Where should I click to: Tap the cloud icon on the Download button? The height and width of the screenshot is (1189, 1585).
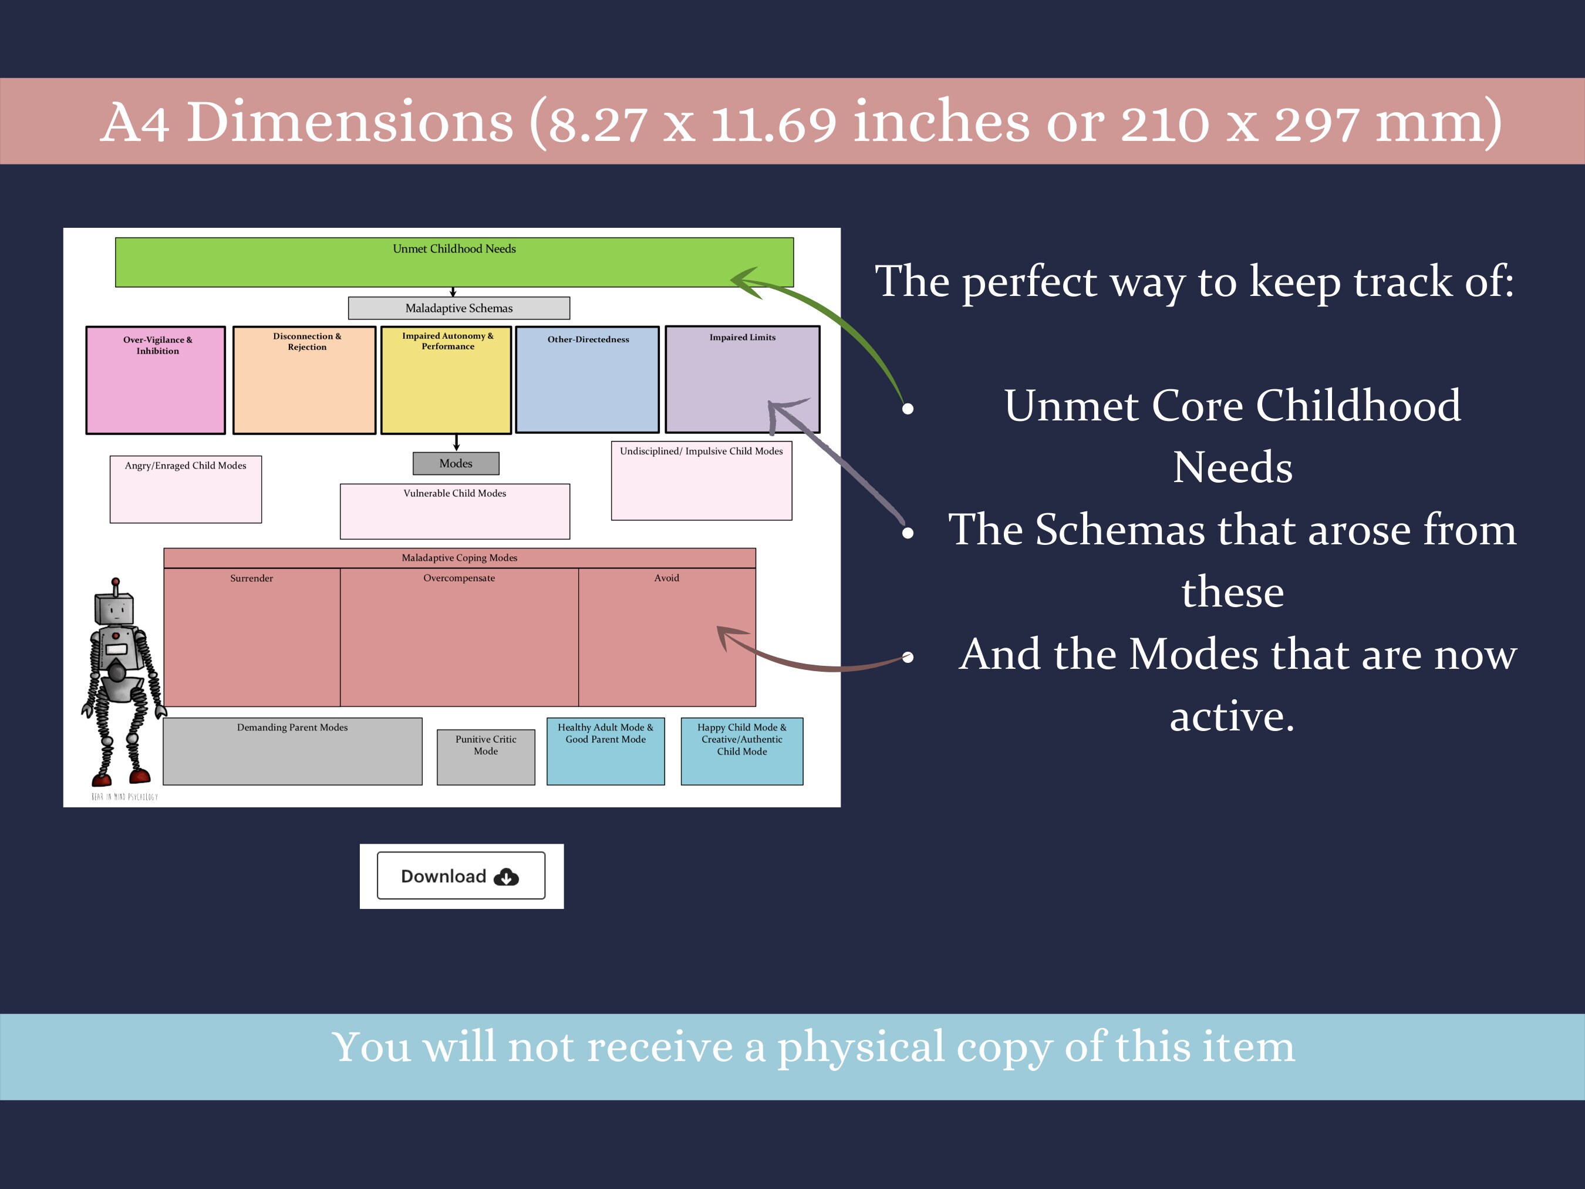coord(506,877)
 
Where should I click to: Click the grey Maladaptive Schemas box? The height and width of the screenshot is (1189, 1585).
coord(458,308)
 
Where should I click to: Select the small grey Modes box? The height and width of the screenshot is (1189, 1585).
coord(456,464)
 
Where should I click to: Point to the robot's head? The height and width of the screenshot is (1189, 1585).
coord(114,610)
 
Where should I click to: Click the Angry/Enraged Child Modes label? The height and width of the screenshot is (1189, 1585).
coord(186,466)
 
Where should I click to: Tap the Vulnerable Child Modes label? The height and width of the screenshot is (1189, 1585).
coord(454,493)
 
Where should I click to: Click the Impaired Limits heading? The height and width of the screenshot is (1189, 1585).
coord(743,338)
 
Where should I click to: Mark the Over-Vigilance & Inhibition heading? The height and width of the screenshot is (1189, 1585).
coord(158,345)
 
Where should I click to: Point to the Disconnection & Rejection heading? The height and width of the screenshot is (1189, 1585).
coord(306,341)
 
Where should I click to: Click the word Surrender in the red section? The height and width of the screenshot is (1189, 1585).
coord(251,578)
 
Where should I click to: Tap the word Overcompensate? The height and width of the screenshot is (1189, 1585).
coord(458,578)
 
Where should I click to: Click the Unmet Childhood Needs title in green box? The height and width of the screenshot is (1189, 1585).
coord(454,249)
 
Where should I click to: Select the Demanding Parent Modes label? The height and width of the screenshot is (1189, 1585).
coord(292,727)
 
